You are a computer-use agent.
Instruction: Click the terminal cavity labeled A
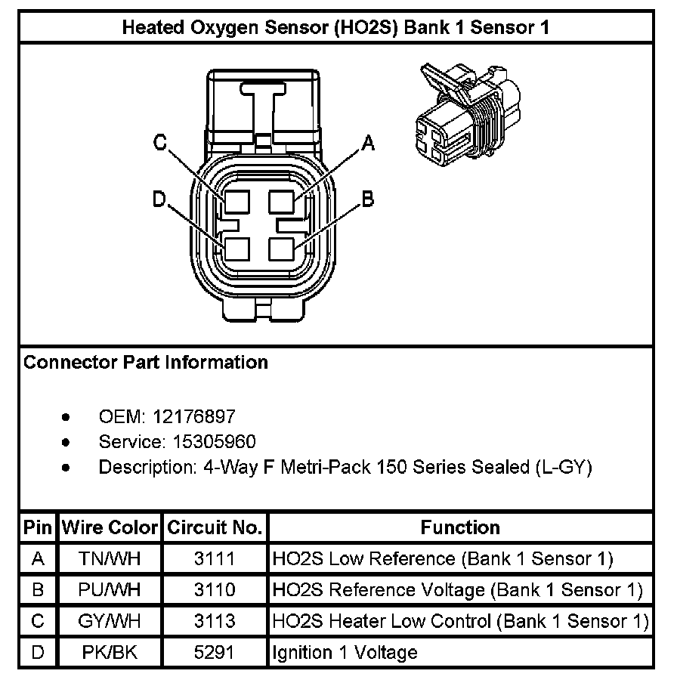282,202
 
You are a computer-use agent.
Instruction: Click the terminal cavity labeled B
282,248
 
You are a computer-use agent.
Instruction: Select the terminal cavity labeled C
237,202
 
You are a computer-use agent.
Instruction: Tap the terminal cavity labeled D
237,248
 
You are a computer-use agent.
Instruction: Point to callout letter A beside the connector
368,143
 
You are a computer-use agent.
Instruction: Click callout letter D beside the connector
159,199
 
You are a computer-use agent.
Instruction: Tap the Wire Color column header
110,527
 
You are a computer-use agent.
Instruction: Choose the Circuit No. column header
215,527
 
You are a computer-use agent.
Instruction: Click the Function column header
460,527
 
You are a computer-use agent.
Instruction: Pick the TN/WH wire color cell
110,559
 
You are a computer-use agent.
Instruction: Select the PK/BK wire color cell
110,651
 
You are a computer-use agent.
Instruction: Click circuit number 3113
215,621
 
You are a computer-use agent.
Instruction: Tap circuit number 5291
215,651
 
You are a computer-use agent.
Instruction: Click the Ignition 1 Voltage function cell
345,651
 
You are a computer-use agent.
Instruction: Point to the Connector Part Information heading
146,363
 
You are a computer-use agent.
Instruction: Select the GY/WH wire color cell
110,621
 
